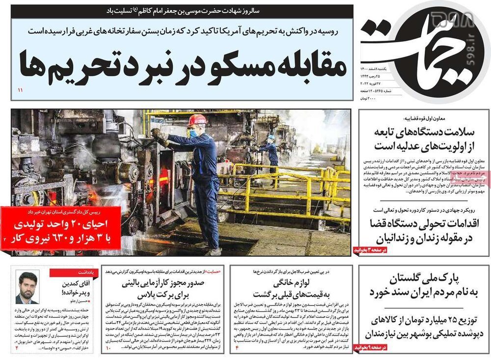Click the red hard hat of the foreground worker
(x=197, y=120)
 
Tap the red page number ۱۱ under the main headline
(x=21, y=91)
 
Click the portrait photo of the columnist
(x=27, y=287)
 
